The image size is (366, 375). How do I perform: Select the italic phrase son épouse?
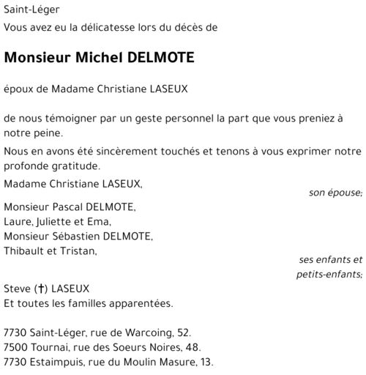(336, 193)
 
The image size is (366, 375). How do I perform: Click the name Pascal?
(77, 207)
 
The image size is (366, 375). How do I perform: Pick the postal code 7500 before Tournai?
(16, 348)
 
